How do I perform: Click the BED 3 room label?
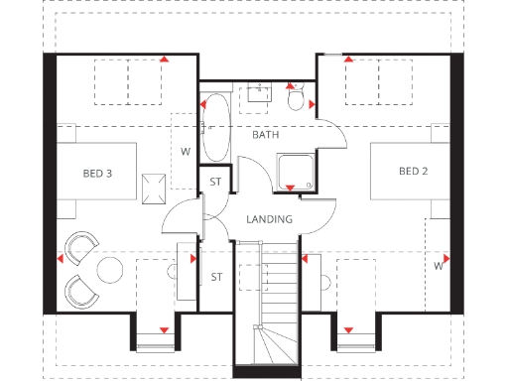click(96, 174)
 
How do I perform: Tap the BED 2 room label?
click(413, 172)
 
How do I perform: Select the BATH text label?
click(265, 134)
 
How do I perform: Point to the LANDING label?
click(269, 219)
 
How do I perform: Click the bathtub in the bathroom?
click(214, 128)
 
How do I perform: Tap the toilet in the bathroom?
click(295, 99)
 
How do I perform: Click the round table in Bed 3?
click(110, 269)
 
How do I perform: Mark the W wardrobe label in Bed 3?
click(185, 152)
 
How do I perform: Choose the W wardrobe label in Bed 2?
click(437, 266)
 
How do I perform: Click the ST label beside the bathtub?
click(215, 182)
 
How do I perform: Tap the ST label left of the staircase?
click(215, 277)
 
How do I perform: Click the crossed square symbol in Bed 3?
click(153, 187)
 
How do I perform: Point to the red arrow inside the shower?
click(290, 188)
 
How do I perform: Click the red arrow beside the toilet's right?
click(312, 103)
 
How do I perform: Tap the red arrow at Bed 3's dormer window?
click(163, 328)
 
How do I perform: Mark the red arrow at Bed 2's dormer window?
click(348, 328)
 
